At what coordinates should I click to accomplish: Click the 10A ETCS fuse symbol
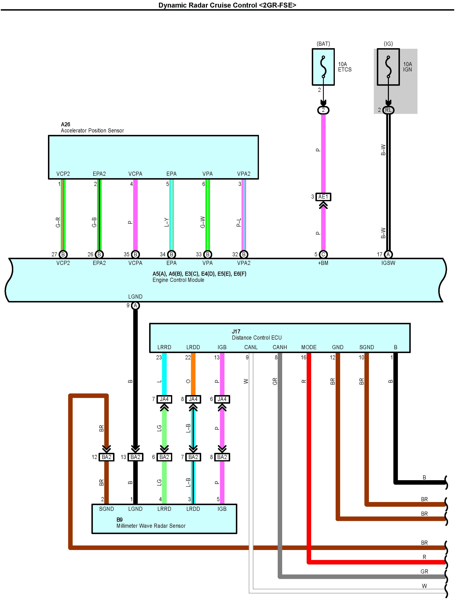pos(323,67)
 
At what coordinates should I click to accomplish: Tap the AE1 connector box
pos(323,197)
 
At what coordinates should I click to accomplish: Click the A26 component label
pos(65,124)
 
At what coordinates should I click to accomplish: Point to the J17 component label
pos(236,331)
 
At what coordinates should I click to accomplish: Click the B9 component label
pos(120,520)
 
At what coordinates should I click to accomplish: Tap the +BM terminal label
pos(323,263)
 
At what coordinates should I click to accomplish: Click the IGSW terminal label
pos(388,263)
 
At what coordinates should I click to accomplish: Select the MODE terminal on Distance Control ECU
pos(309,347)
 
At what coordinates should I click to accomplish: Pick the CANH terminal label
pos(280,347)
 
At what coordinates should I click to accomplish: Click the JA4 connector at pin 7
pos(164,399)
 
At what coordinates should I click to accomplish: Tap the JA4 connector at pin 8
pos(193,399)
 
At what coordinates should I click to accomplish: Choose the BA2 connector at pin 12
pos(107,457)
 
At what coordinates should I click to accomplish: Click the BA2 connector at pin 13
pos(135,457)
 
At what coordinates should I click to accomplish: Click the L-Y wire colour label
pos(166,222)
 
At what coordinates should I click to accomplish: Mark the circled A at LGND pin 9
pos(135,306)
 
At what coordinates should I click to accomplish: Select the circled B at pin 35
pos(135,254)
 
